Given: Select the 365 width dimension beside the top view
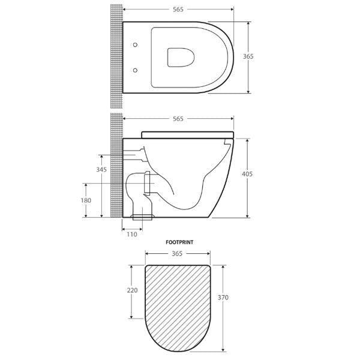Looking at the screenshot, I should (248, 56).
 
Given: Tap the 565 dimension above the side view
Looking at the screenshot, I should (178, 119).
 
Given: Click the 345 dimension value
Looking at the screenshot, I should (101, 170).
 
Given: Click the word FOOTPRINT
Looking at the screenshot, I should (179, 243).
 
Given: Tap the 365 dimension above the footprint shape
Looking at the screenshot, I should (177, 254).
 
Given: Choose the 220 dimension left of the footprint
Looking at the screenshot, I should (133, 290).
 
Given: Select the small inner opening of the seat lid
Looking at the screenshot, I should (178, 57).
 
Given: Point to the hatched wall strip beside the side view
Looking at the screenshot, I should (115, 174).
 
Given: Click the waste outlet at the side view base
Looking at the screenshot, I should (143, 216).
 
